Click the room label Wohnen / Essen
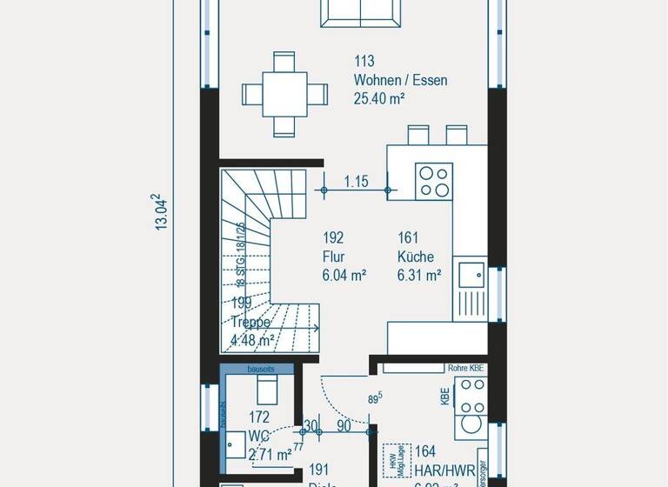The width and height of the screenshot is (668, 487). coord(400,81)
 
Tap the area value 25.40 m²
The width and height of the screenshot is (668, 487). coord(379,99)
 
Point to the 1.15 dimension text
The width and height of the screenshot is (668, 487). coord(356,182)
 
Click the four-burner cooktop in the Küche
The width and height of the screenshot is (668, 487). coord(434,182)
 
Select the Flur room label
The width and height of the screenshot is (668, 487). coord(332,257)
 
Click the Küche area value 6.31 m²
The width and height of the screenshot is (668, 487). coord(418,276)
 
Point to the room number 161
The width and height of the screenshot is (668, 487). coord(409,237)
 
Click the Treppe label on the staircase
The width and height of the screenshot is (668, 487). coord(252,322)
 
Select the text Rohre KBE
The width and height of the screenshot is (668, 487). coord(465,368)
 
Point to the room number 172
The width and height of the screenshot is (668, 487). coord(260,417)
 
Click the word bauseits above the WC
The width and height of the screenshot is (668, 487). coord(260,369)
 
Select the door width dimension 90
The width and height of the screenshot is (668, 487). coord(343,426)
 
